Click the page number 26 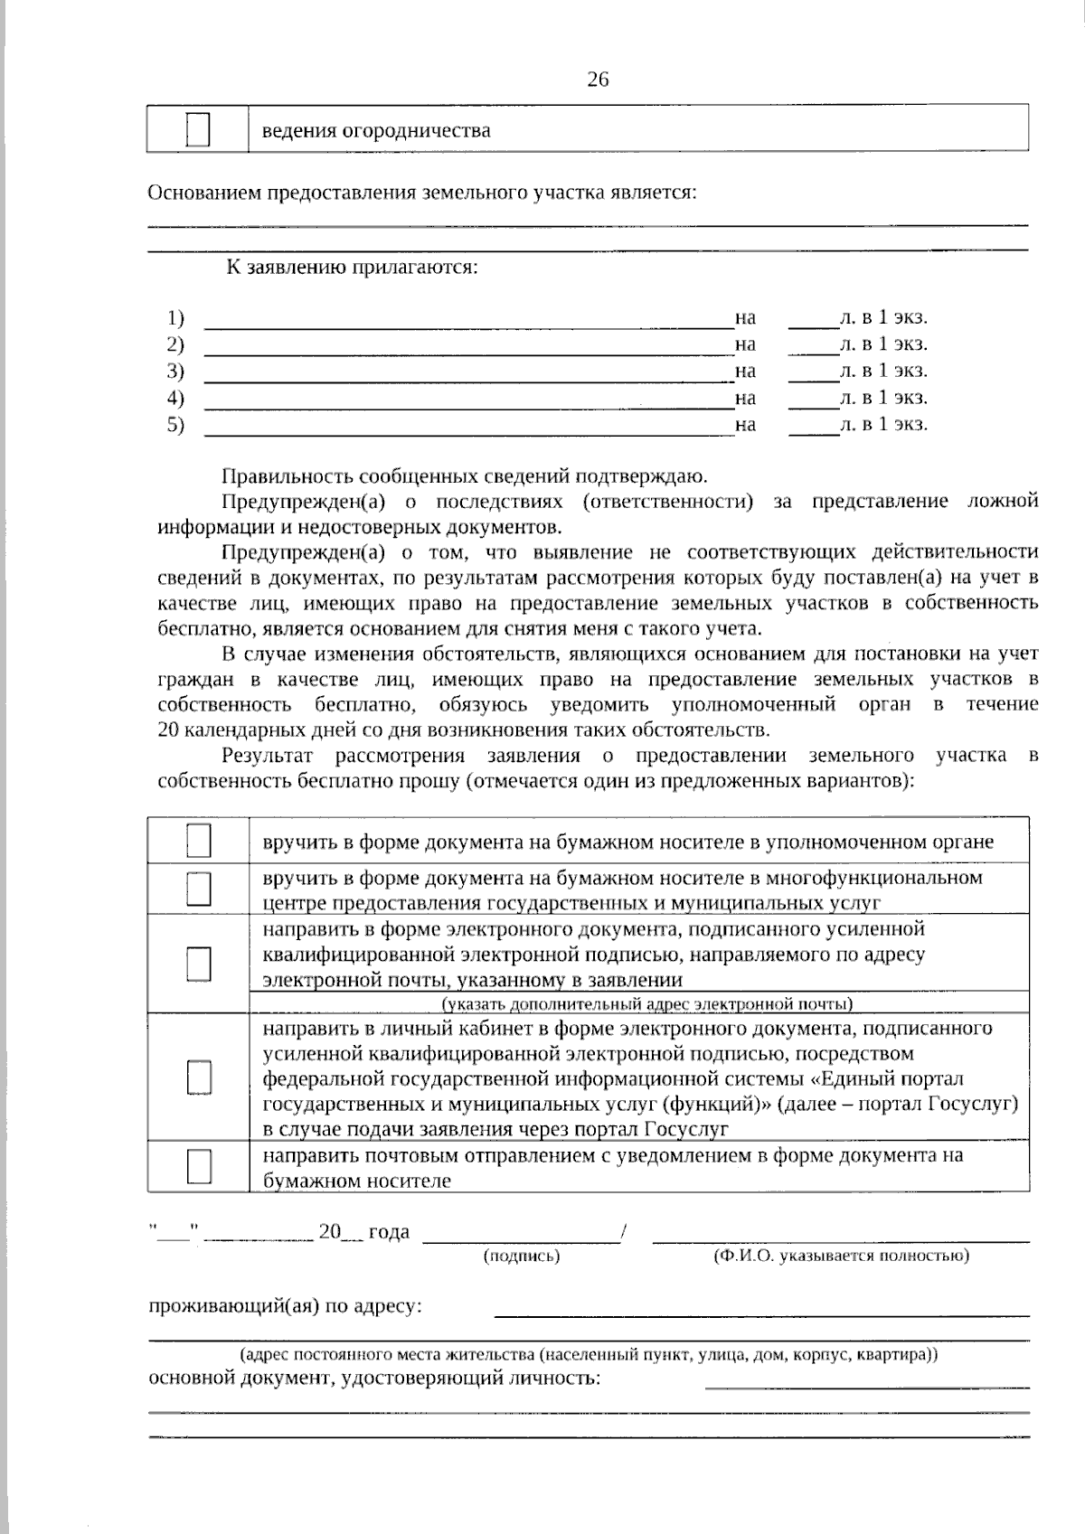[598, 80]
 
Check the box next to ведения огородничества [198, 129]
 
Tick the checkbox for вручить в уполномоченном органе [199, 841]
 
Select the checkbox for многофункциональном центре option [199, 889]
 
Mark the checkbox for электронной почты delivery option [199, 964]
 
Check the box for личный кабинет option [199, 1078]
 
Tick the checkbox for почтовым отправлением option [199, 1166]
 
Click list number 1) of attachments [175, 318]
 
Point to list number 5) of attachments [175, 425]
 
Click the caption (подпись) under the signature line [522, 1256]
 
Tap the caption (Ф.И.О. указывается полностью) [841, 1256]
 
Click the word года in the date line [389, 1231]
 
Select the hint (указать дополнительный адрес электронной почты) [646, 1003]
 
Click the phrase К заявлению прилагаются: [352, 268]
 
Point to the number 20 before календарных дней [167, 730]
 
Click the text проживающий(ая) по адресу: [284, 1306]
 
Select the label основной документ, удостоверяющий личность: [373, 1379]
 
